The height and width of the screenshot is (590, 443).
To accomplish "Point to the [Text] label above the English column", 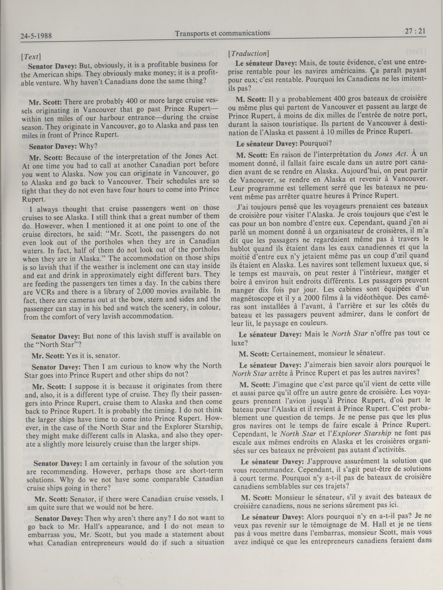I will pyautogui.click(x=31, y=57).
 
